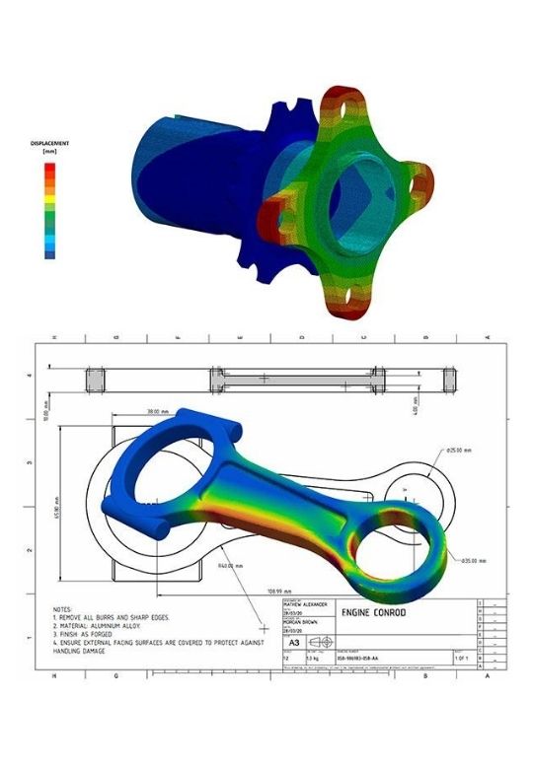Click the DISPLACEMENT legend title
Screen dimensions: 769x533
49,147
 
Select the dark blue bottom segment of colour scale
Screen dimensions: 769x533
50,253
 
